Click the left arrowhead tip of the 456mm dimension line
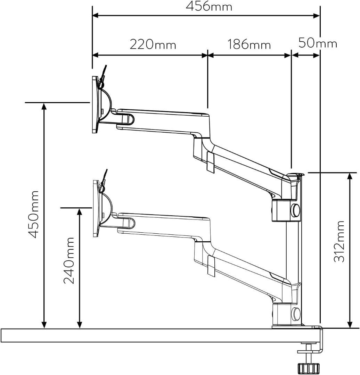93,16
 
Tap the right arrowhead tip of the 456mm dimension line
320,16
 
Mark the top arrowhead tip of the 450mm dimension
44,103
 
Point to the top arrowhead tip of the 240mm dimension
80,208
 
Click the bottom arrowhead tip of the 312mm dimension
350,328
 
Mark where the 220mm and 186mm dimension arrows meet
207,55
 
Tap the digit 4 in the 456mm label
190,7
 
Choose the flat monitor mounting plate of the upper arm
95,105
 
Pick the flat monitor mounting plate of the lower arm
96,209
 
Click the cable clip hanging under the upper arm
211,161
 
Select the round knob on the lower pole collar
296,314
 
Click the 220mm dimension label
153,44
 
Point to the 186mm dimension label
249,44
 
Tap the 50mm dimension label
318,43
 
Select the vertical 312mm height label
339,242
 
